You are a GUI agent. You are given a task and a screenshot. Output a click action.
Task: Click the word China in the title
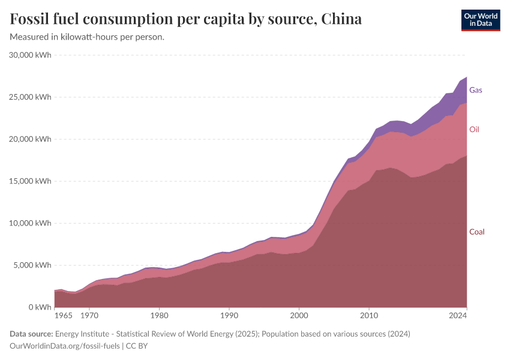(341, 19)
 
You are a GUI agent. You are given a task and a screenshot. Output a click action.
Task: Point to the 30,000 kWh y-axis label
(31, 55)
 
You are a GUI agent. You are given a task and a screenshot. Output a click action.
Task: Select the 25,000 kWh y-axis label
(31, 97)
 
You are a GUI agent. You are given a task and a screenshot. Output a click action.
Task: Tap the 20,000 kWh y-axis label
(31, 139)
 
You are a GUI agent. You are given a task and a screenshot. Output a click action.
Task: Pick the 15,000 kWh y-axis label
(31, 181)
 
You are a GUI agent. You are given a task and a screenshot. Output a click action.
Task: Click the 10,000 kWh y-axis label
(31, 223)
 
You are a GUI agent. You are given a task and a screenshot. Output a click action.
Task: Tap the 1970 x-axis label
(89, 315)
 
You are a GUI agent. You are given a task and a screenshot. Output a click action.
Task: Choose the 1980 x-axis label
(158, 315)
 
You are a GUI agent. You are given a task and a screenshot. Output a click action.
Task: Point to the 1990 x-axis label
(229, 315)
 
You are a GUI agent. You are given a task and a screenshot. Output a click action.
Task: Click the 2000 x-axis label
(299, 315)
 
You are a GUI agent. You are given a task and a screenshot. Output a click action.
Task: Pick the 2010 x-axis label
(368, 315)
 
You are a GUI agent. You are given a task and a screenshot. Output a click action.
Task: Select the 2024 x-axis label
(458, 315)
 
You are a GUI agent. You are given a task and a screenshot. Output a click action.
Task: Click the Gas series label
(476, 90)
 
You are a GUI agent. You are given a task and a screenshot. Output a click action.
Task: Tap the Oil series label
(474, 130)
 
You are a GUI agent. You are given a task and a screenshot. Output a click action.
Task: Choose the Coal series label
(476, 232)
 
